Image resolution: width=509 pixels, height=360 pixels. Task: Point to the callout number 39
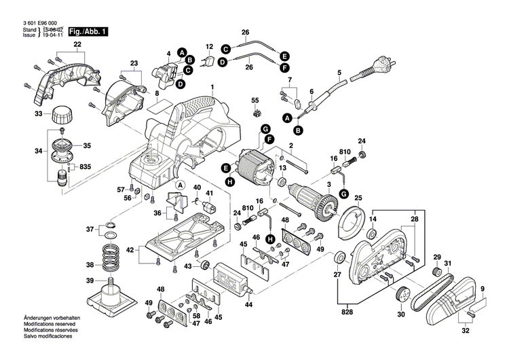(x=90, y=281)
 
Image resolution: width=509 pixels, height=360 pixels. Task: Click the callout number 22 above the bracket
(x=78, y=45)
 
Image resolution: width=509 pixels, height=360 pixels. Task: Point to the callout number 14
(x=372, y=219)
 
